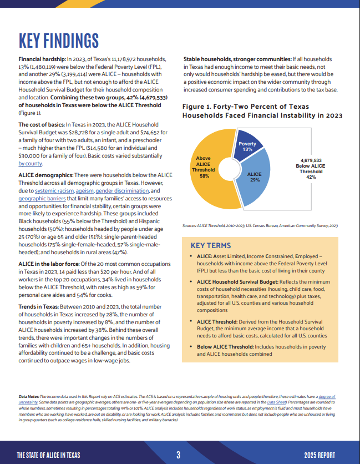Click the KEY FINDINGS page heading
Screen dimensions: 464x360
(x=59, y=41)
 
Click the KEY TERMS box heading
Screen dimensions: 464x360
(x=211, y=245)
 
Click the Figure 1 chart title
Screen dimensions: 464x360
(x=262, y=111)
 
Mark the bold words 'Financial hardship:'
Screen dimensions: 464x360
(x=42, y=59)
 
